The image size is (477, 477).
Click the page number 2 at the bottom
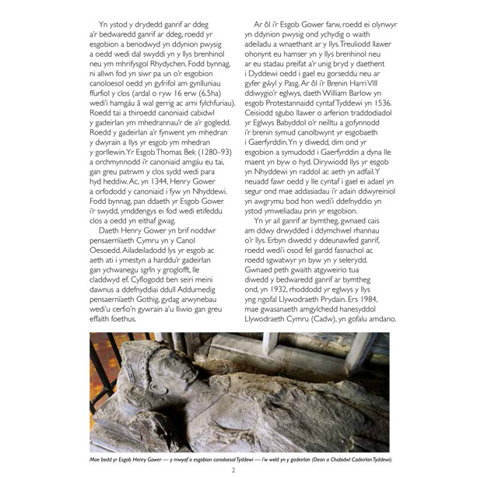tap(233, 469)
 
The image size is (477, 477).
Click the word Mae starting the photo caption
tap(95, 459)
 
